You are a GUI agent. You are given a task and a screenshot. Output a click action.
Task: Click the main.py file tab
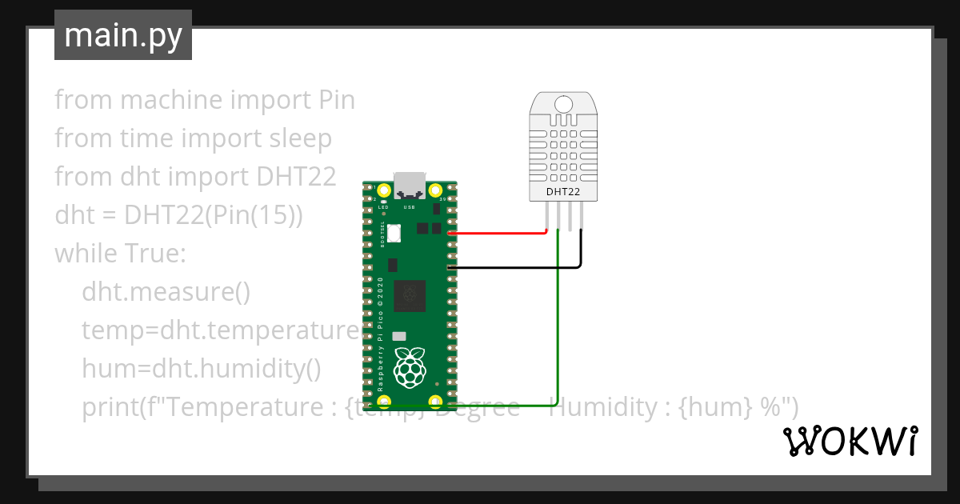click(122, 35)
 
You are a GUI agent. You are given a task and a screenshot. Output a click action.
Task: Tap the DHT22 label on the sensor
click(562, 192)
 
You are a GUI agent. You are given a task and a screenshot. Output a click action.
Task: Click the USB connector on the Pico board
click(410, 185)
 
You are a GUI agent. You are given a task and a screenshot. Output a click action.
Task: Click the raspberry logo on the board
click(410, 367)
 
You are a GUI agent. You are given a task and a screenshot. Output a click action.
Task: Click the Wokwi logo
click(849, 441)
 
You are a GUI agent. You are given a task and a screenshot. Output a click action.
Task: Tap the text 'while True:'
click(120, 254)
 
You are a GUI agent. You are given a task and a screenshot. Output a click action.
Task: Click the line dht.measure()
click(166, 292)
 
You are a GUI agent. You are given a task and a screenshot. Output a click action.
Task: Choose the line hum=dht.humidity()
click(201, 369)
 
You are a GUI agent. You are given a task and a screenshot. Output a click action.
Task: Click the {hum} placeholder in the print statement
click(714, 407)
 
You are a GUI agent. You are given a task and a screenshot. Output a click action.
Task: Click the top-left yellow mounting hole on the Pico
click(385, 190)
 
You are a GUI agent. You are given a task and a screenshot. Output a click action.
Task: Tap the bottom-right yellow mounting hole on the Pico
click(436, 401)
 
